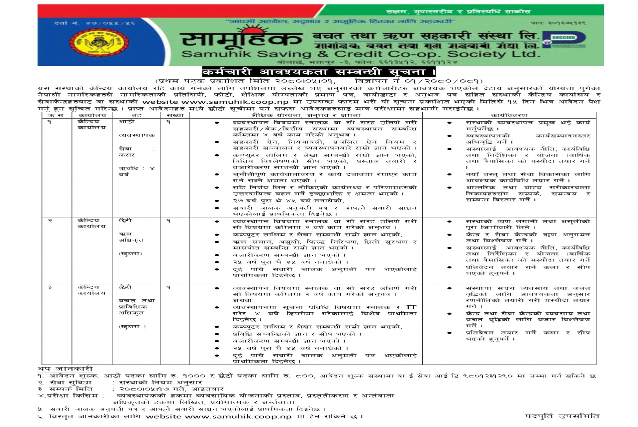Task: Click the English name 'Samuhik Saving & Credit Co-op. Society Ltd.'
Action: (x=359, y=54)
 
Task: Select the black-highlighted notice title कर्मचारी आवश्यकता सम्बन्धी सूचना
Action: (x=318, y=72)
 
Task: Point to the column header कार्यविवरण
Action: (x=509, y=115)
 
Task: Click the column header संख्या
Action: (x=175, y=115)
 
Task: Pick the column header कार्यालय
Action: (x=92, y=115)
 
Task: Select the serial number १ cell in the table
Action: (x=50, y=122)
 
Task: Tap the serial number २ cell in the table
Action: (x=50, y=221)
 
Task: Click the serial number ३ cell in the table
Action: (x=50, y=287)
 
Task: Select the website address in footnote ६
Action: (x=238, y=416)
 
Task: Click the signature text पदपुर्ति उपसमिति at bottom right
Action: (x=562, y=416)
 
